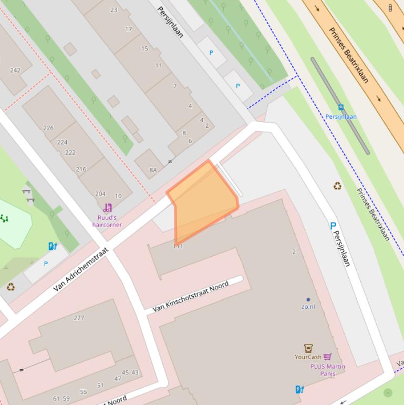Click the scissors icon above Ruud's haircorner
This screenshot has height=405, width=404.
click(x=108, y=208)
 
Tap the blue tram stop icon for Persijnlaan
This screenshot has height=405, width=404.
click(x=341, y=108)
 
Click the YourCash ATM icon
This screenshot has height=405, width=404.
click(x=308, y=348)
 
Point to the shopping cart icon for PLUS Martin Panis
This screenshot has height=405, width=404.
click(x=328, y=357)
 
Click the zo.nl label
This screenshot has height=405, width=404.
click(x=308, y=306)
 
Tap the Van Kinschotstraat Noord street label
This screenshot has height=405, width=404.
click(x=191, y=297)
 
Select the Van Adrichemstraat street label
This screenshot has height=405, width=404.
click(x=80, y=269)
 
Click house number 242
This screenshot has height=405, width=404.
click(x=15, y=70)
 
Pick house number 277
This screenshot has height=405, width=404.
click(x=79, y=318)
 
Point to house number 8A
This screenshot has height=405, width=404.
click(x=153, y=170)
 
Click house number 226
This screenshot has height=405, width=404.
click(x=48, y=128)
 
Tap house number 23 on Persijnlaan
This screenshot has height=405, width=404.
click(x=114, y=10)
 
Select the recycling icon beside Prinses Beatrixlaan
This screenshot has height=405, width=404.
click(x=337, y=186)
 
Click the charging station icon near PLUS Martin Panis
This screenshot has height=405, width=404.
click(x=299, y=389)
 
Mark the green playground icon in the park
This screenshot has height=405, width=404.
click(x=4, y=218)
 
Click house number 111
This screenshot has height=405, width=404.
click(x=178, y=246)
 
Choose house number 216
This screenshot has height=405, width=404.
click(x=81, y=169)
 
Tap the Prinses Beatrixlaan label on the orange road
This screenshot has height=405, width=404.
click(x=348, y=55)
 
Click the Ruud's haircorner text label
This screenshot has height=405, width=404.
click(x=107, y=221)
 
